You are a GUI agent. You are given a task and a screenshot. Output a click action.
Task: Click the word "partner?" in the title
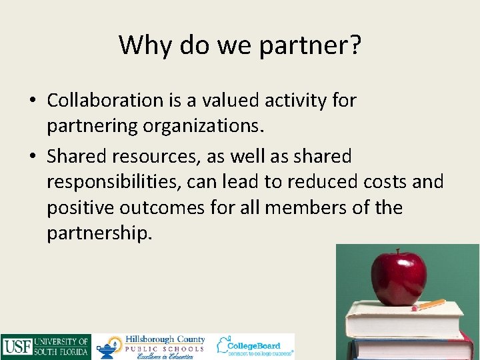[311, 45]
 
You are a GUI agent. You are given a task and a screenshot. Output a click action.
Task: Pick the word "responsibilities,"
[112, 181]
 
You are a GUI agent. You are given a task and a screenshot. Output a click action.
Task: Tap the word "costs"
[385, 181]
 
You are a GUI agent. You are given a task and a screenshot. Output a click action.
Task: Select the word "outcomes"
[161, 207]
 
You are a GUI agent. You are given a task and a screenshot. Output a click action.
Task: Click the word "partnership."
[99, 233]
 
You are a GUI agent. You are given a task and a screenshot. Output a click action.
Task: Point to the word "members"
[305, 207]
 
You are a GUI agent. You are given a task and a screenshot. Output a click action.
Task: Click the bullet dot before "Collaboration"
[33, 100]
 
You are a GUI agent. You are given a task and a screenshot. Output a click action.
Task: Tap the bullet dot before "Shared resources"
[33, 156]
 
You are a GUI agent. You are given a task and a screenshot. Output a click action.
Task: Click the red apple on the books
[398, 279]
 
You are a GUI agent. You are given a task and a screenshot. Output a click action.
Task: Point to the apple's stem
[398, 252]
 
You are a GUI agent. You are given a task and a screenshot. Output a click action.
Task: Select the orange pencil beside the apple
[429, 305]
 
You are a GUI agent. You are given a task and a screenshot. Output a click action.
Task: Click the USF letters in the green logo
[17, 347]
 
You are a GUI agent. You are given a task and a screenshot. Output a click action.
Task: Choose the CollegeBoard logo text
[254, 346]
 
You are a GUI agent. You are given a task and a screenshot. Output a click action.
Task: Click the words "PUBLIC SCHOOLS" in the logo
[165, 349]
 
